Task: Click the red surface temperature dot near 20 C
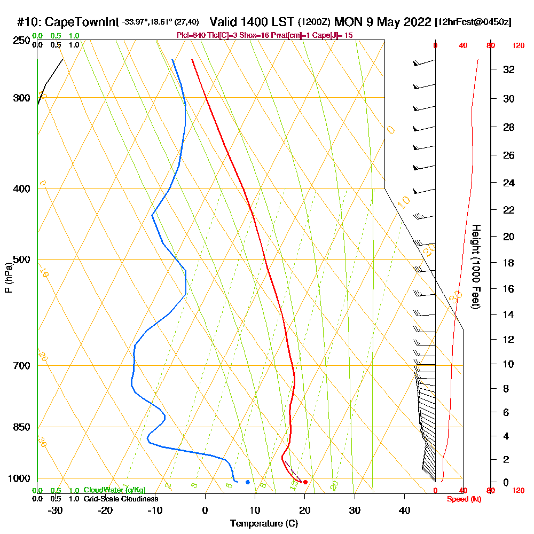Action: [305, 482]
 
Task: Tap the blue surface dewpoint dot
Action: [248, 482]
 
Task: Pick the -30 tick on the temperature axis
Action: [56, 510]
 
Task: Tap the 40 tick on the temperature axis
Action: [404, 510]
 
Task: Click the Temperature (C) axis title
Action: [264, 524]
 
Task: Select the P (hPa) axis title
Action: [8, 278]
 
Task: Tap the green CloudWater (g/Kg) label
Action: [114, 490]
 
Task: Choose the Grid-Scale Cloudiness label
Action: [121, 499]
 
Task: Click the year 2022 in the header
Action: [414, 22]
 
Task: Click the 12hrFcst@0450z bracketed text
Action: [473, 22]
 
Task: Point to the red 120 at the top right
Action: [517, 46]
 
